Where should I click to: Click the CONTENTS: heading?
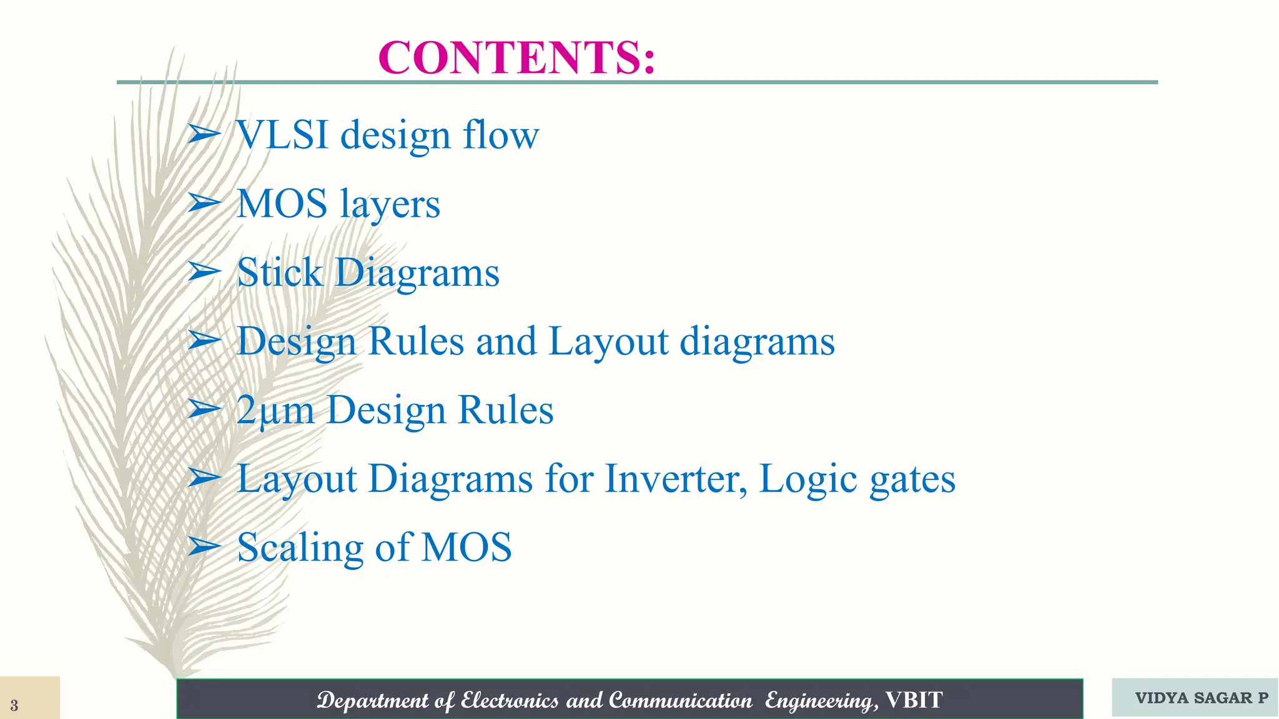tap(516, 57)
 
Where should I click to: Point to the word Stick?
tap(280, 273)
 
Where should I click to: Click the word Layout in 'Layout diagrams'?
tap(608, 342)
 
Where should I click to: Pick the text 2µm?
tap(275, 411)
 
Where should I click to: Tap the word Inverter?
tap(676, 479)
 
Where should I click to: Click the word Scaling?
tap(300, 549)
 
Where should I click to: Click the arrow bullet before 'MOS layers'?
tap(204, 203)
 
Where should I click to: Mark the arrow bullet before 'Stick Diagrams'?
tap(204, 272)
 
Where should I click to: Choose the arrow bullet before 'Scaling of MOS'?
tap(204, 547)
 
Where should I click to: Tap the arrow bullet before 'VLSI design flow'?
tap(204, 134)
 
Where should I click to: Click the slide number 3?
tap(14, 706)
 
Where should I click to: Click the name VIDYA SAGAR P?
tap(1202, 698)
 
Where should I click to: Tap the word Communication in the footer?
tap(680, 700)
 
